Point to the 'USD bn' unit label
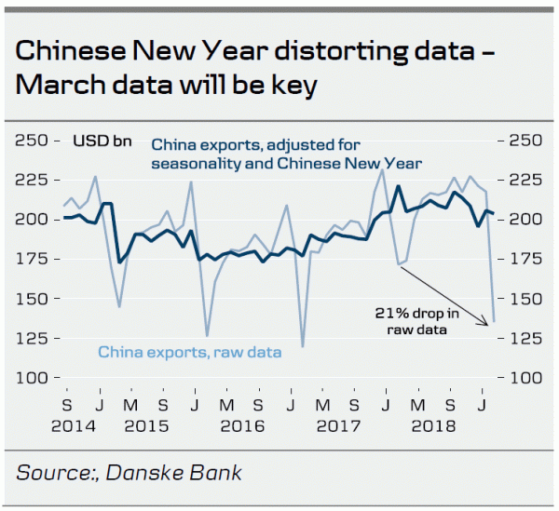pyautogui.click(x=102, y=141)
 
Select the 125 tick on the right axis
pyautogui.click(x=522, y=339)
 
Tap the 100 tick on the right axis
pyautogui.click(x=522, y=378)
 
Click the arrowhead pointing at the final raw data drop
pyautogui.click(x=484, y=323)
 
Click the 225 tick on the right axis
pyautogui.click(x=522, y=180)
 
